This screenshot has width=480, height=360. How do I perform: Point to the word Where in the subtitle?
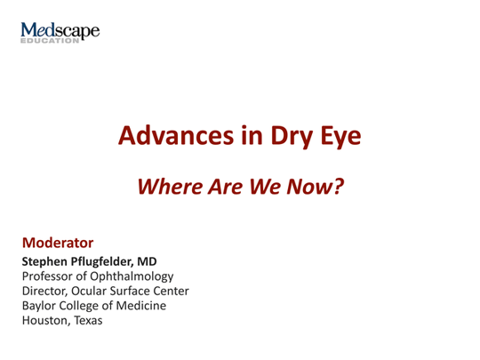point(173,186)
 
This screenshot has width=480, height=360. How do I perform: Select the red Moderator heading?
point(58,241)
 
